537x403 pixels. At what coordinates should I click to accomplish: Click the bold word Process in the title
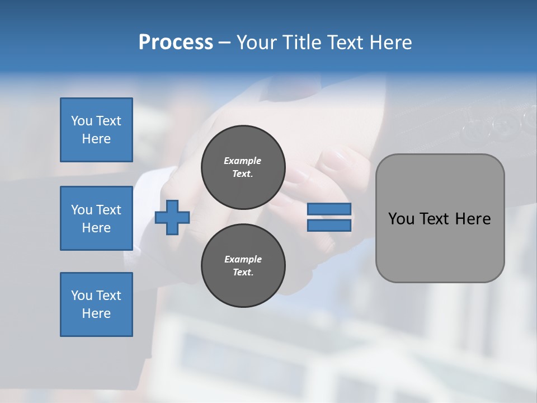click(176, 43)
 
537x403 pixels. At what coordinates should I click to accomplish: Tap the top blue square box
click(96, 130)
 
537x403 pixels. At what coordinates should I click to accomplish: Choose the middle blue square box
click(96, 218)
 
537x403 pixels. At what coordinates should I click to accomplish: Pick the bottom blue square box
click(96, 304)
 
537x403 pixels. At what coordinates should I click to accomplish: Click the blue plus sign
click(172, 217)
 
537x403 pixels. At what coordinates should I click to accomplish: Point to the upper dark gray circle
click(243, 167)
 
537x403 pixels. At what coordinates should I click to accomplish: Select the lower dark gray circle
click(243, 266)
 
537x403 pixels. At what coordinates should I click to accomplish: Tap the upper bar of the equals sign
click(329, 209)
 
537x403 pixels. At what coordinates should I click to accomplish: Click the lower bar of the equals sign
click(329, 225)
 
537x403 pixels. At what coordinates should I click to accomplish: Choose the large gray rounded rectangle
click(440, 246)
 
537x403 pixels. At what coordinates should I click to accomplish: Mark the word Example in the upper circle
click(242, 161)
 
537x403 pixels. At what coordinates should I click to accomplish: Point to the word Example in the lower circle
click(243, 259)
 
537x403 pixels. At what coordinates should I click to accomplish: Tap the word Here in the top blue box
click(96, 139)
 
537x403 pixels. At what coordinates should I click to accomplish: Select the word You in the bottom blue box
click(81, 296)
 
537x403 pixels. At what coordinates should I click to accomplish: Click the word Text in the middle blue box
click(108, 210)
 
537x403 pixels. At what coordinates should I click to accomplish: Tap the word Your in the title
click(258, 43)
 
